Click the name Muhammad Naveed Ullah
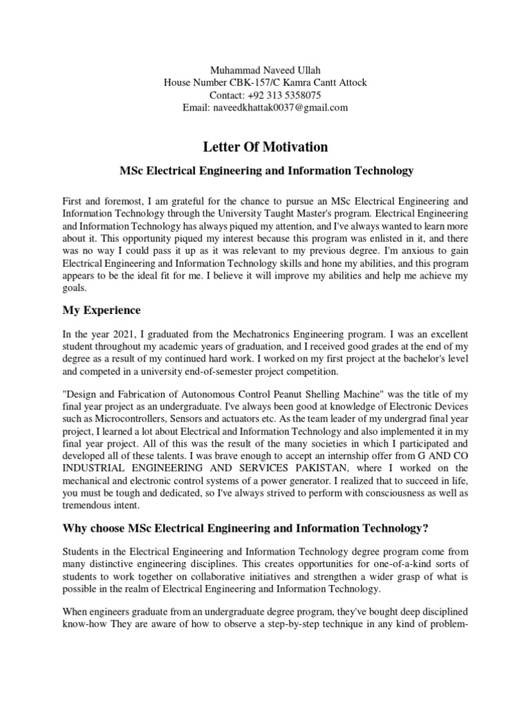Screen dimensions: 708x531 pos(265,70)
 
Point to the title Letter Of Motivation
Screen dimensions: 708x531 pos(265,147)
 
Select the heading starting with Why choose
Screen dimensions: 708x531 pos(245,529)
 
